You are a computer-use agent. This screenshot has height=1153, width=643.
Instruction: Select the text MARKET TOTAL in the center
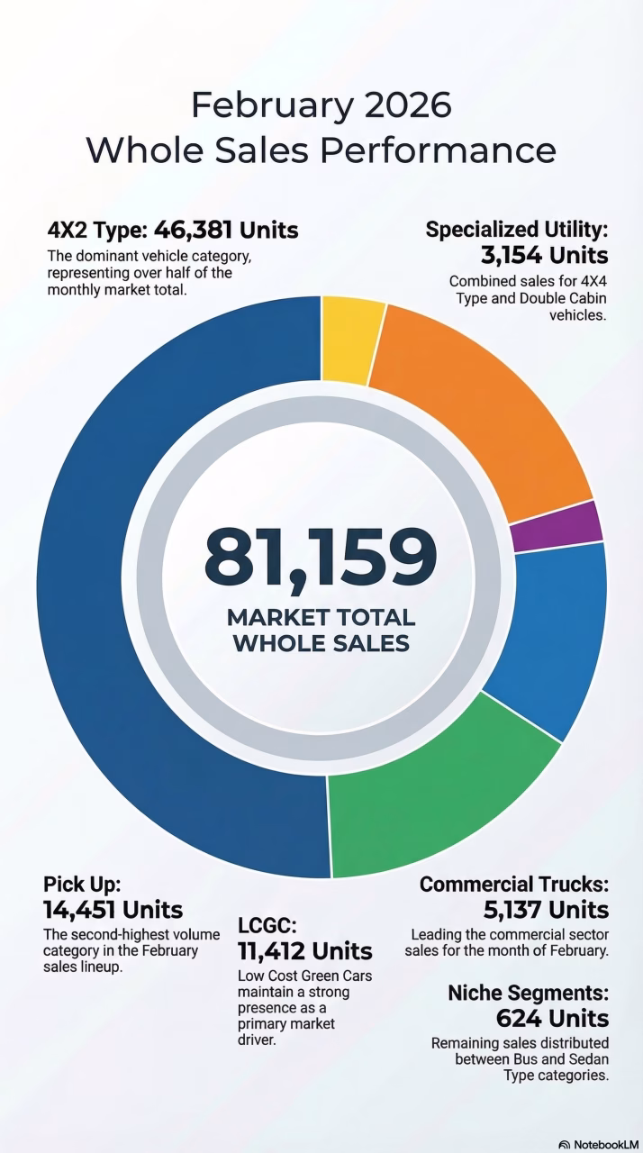click(x=321, y=618)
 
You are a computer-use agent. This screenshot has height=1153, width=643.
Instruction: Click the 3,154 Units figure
click(x=544, y=255)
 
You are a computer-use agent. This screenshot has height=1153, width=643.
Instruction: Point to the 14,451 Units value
click(x=113, y=910)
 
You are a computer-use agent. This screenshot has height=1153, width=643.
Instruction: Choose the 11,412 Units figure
click(x=304, y=951)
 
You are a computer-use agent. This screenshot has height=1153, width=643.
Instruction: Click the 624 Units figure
click(x=552, y=1019)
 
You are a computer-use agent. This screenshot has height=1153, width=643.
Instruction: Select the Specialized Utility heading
click(x=517, y=230)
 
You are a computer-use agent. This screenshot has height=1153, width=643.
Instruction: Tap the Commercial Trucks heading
click(x=514, y=885)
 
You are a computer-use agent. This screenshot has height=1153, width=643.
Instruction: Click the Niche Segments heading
click(x=528, y=994)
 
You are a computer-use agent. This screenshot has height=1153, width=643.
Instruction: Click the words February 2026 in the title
click(x=321, y=106)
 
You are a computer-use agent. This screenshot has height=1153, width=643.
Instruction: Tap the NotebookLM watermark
click(x=595, y=1144)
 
